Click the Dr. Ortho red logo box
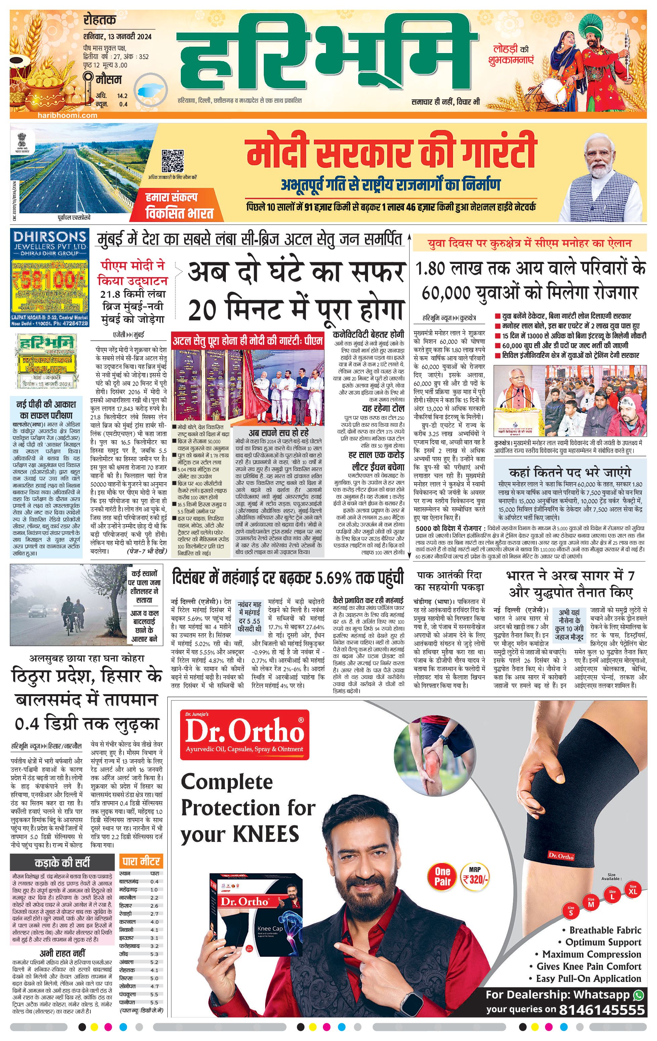[245, 735]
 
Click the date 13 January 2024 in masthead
[118, 37]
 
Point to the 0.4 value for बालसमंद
[154, 882]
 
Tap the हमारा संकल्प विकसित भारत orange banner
[179, 206]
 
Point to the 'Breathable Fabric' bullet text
[605, 930]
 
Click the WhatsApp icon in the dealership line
[639, 994]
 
